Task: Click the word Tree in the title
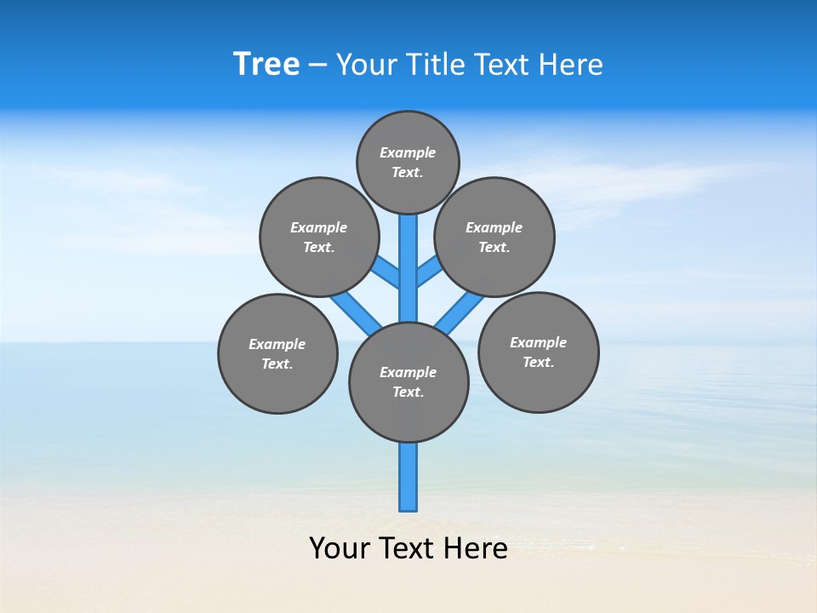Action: (266, 65)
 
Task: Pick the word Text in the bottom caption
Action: (408, 548)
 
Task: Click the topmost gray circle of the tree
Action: (408, 162)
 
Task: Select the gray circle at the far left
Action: (277, 353)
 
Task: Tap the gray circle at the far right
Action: (538, 352)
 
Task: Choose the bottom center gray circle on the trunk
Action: (408, 381)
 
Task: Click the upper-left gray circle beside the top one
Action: (319, 237)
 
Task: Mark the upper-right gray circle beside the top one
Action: (494, 237)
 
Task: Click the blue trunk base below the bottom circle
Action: (408, 477)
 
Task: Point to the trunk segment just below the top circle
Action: (408, 247)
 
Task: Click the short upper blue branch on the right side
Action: (429, 271)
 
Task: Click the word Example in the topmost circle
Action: (408, 152)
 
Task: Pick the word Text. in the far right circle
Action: (538, 362)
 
